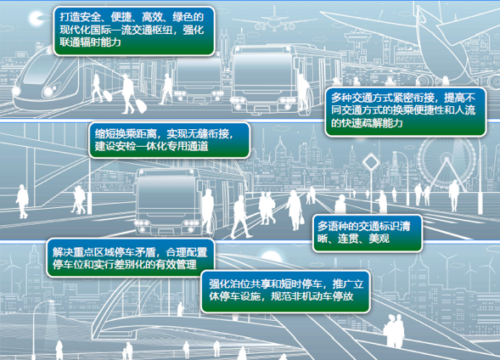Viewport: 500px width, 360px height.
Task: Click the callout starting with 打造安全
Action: tap(134, 31)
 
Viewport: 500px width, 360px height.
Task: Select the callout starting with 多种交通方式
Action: tap(405, 111)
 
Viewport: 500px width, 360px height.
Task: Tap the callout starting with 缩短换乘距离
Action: tap(169, 140)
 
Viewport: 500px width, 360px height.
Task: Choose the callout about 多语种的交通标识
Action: tap(368, 233)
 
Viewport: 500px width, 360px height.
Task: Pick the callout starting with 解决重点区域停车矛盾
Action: tap(131, 257)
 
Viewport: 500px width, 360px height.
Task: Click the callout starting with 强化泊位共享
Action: tap(286, 291)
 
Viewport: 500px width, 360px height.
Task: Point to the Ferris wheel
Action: tap(447, 163)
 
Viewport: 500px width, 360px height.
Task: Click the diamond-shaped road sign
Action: tap(371, 163)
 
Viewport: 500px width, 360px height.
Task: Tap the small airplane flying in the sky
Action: tap(274, 20)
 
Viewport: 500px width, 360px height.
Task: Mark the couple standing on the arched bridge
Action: tap(394, 331)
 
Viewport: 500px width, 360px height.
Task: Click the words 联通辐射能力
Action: tap(90, 42)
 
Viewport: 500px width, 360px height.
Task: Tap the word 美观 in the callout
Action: tap(379, 239)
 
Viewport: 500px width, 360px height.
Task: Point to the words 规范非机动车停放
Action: tap(312, 296)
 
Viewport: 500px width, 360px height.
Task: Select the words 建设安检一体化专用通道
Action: tap(151, 146)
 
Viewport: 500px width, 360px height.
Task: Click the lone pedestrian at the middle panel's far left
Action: tap(22, 201)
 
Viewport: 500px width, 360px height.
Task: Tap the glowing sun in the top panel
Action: tap(36, 18)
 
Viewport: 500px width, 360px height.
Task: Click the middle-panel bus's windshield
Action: tap(166, 196)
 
